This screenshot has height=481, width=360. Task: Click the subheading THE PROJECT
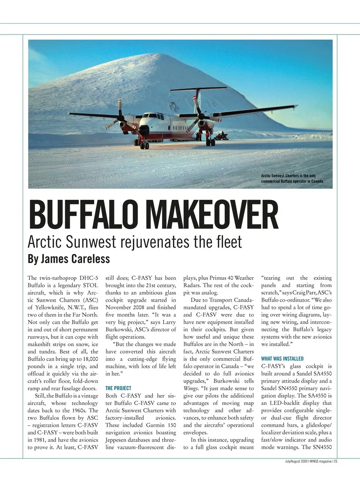(x=118, y=388)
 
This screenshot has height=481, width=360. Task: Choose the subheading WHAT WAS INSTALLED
(x=282, y=359)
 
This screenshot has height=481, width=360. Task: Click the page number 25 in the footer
(x=336, y=461)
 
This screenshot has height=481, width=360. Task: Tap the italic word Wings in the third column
(x=190, y=388)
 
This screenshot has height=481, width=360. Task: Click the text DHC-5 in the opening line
(x=90, y=278)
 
